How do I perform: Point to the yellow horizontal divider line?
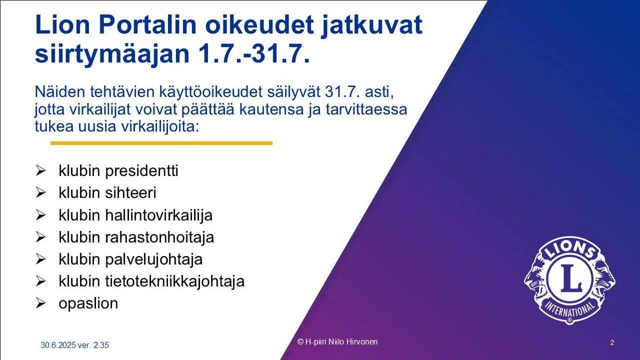tap(162, 143)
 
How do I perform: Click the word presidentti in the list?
tap(142, 171)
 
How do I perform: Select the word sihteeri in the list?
tap(131, 193)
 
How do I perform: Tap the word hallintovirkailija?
tap(159, 215)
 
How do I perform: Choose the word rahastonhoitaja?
tap(159, 238)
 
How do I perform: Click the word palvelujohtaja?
tap(154, 260)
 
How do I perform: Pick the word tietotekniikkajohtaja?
tap(175, 282)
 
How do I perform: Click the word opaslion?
tap(89, 304)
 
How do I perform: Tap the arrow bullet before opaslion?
tap(41, 303)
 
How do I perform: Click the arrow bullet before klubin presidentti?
tap(41, 171)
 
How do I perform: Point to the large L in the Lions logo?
tap(570, 278)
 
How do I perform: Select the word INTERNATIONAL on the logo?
tap(570, 309)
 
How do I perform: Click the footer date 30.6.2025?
tap(58, 345)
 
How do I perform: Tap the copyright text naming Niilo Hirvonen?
tap(338, 342)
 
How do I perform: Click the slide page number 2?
tap(612, 342)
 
